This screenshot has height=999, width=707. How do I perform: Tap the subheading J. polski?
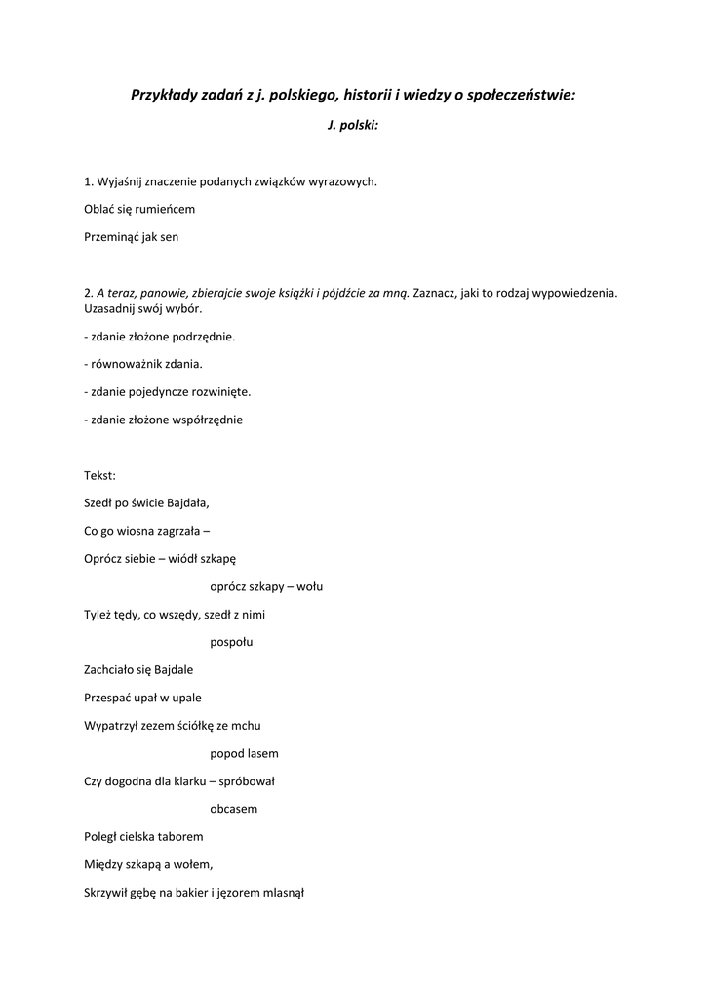tap(353, 127)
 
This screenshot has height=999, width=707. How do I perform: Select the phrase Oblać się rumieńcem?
tap(139, 209)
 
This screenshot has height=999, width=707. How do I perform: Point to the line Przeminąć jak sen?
tap(132, 236)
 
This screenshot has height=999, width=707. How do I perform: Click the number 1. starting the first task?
tap(90, 181)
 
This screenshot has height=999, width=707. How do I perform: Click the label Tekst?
tap(100, 476)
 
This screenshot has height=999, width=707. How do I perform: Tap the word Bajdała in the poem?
tap(187, 503)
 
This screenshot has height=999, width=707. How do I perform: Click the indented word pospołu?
tap(231, 642)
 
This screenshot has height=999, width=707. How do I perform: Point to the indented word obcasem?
tap(234, 809)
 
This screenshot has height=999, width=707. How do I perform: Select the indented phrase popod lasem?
tap(244, 753)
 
